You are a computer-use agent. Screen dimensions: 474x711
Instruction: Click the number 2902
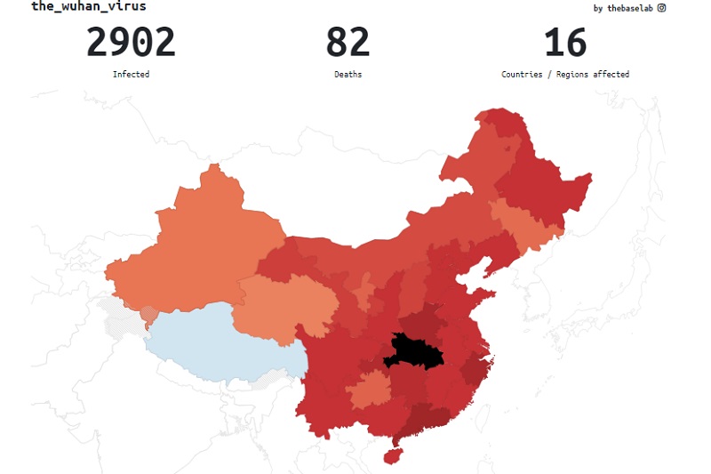pos(131,43)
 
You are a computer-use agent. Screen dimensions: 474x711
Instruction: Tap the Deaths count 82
pos(348,43)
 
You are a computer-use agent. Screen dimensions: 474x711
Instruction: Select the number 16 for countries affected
pos(565,43)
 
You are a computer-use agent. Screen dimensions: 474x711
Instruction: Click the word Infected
pos(131,75)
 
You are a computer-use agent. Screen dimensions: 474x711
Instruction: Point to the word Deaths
pos(348,75)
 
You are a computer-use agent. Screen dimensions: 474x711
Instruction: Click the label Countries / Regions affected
pos(565,75)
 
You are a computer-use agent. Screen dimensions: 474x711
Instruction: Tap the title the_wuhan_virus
pos(88,6)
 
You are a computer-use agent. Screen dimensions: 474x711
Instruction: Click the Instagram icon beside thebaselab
pos(661,8)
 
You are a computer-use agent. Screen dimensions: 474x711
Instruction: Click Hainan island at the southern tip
pos(389,454)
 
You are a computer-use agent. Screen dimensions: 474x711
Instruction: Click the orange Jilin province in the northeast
pos(524,222)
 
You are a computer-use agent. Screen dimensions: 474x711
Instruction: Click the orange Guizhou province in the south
pos(370,391)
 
